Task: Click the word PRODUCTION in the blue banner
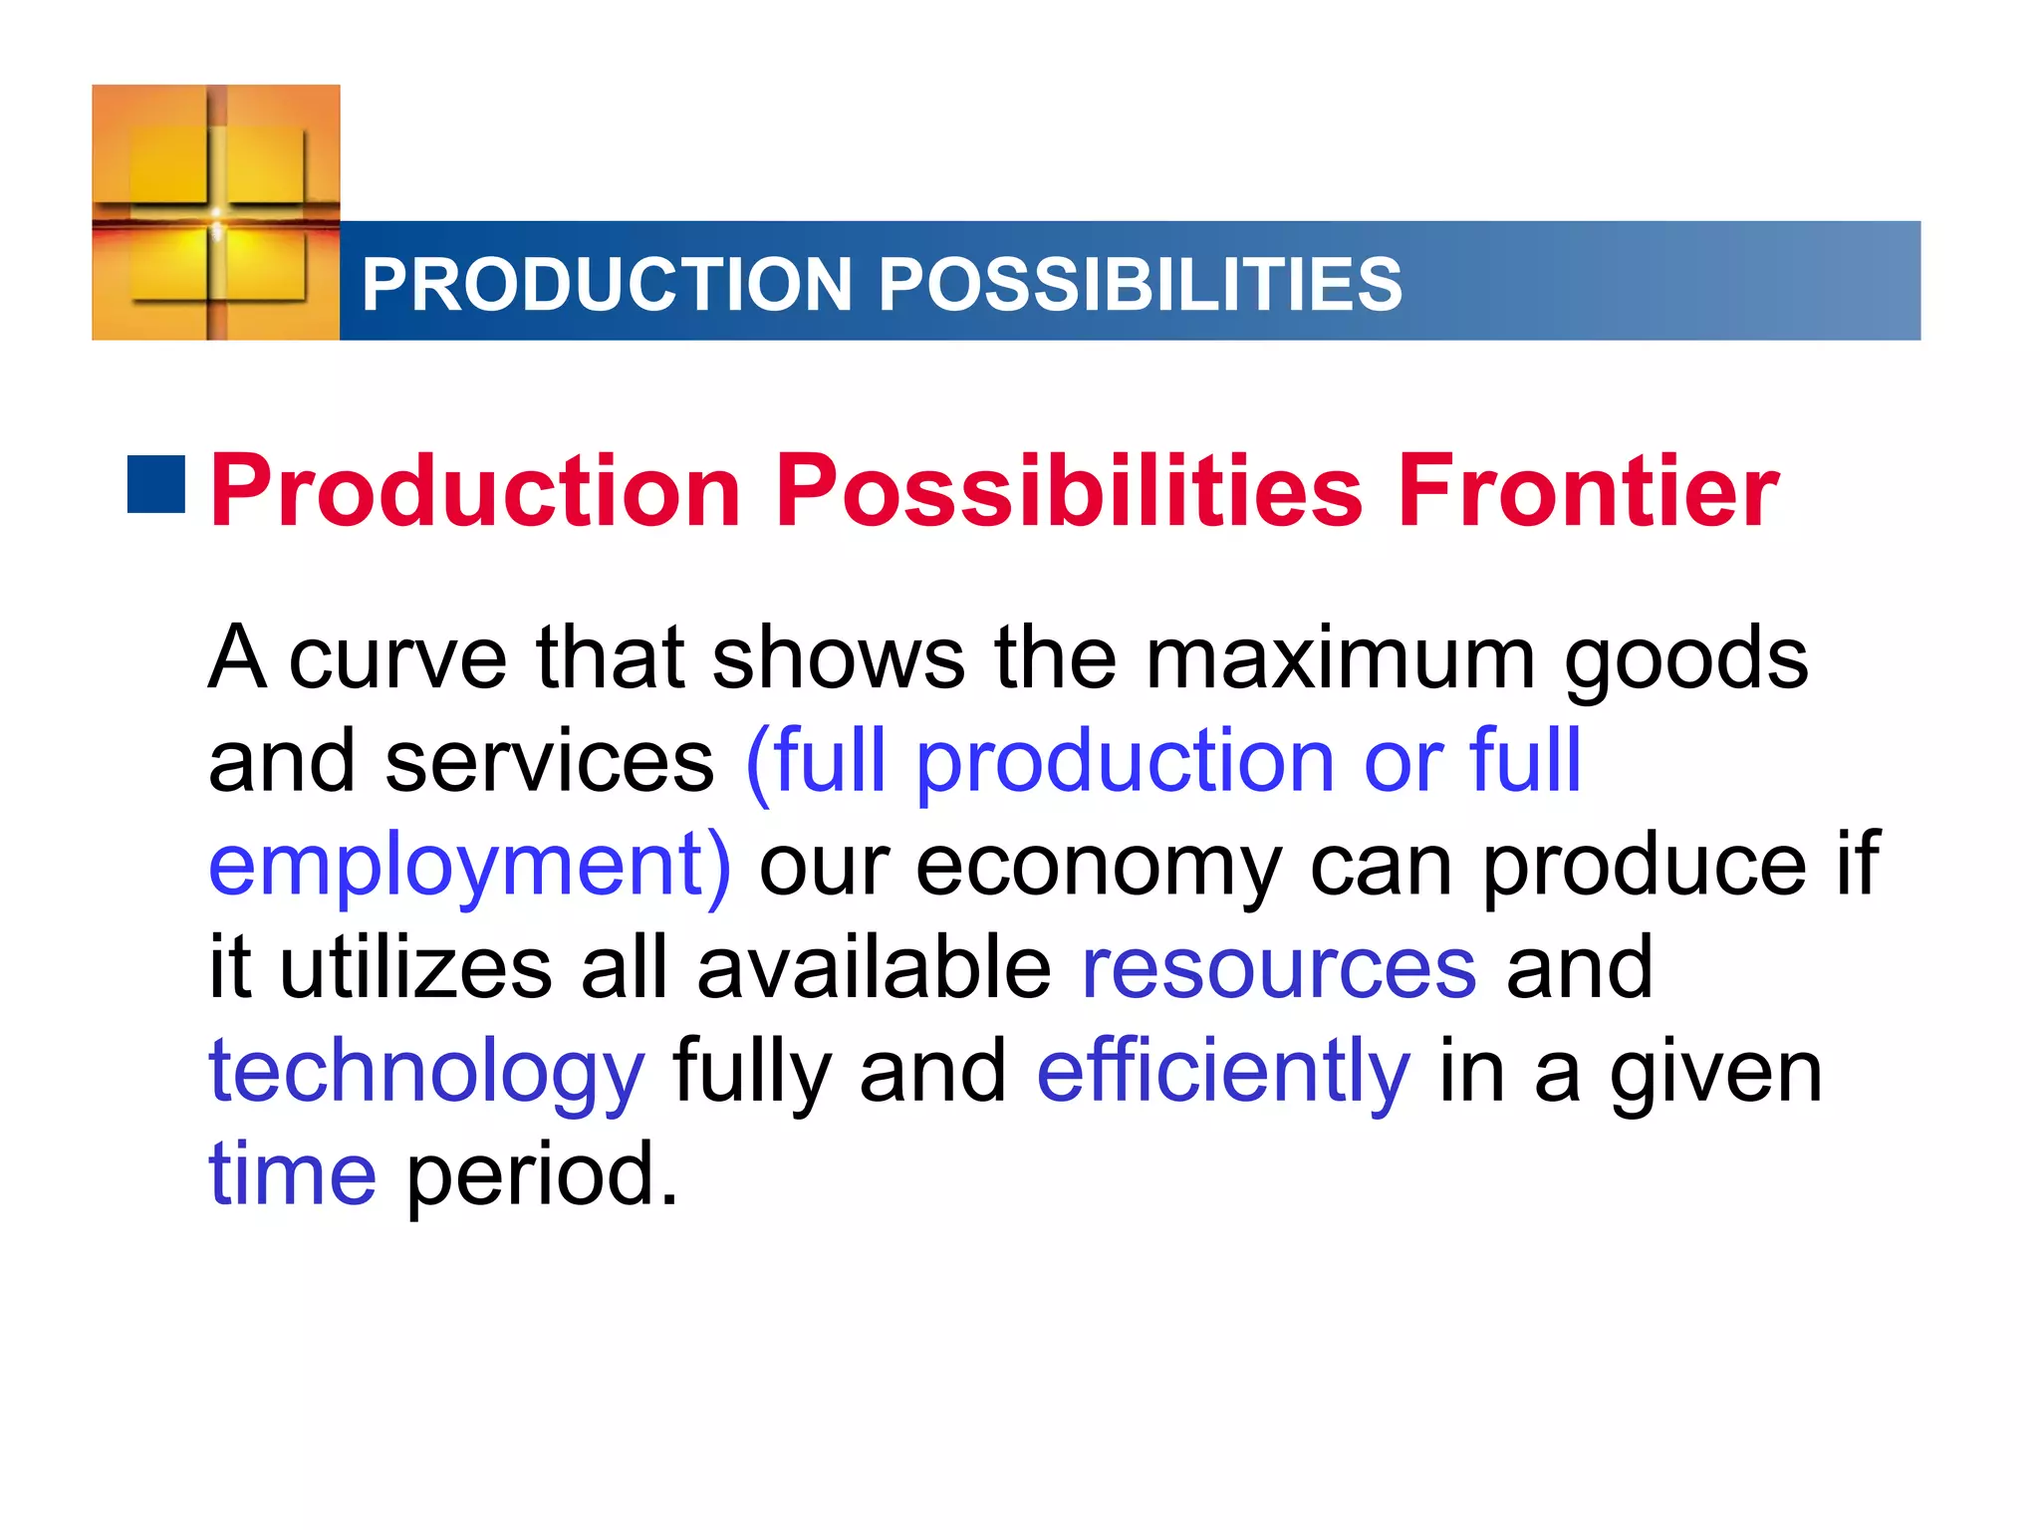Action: tap(607, 285)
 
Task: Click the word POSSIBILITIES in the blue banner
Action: tap(1140, 285)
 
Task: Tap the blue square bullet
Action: tap(156, 485)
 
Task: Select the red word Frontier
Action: tap(1588, 490)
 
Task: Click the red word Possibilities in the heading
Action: tap(1069, 490)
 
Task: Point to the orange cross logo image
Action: tap(216, 212)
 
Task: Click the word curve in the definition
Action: tap(397, 658)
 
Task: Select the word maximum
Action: tap(1340, 658)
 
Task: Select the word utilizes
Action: tap(415, 968)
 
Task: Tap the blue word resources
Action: tap(1279, 968)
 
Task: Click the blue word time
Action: tap(292, 1174)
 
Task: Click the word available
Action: tap(874, 968)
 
